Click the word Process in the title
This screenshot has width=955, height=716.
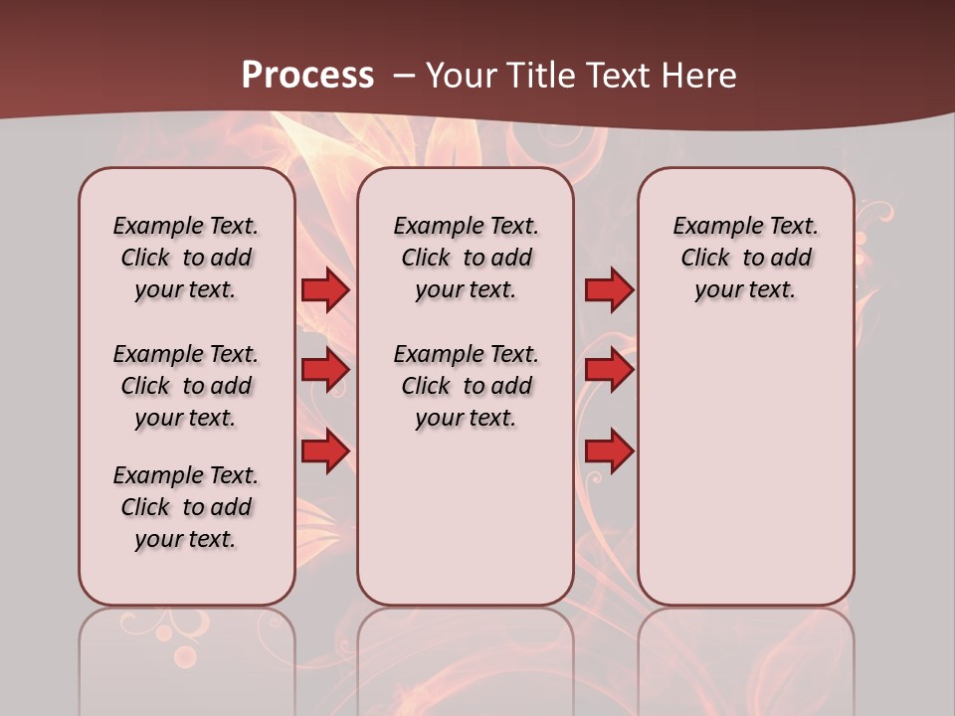(x=307, y=76)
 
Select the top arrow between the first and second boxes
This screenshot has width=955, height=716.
(x=325, y=290)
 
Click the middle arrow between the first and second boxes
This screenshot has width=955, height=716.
(x=325, y=371)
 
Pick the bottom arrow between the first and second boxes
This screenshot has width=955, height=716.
(x=325, y=451)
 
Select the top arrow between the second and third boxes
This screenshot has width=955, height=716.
(x=609, y=290)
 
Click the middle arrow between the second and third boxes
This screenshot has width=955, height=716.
(x=609, y=371)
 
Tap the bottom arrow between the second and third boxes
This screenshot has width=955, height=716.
(x=609, y=451)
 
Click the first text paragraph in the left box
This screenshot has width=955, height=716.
(x=186, y=258)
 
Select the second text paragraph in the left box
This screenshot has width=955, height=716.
(x=186, y=386)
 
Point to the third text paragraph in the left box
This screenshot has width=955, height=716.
(x=186, y=507)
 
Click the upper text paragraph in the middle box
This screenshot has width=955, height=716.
(x=467, y=258)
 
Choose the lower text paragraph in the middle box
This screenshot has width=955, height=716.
(x=467, y=386)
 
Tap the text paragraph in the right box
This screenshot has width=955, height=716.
(x=746, y=258)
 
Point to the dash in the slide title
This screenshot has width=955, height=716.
(x=405, y=76)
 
